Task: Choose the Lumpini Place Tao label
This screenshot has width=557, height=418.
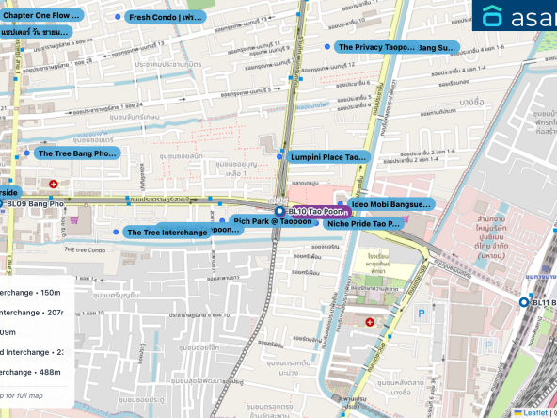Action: click(326, 157)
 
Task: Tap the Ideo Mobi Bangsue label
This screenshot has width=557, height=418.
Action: click(390, 203)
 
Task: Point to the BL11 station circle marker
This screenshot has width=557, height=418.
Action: click(524, 302)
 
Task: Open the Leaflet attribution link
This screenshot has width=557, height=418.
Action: click(533, 412)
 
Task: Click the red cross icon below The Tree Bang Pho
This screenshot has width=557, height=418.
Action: click(54, 183)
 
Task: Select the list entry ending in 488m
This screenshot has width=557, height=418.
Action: click(36, 373)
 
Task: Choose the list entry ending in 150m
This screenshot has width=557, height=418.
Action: click(36, 292)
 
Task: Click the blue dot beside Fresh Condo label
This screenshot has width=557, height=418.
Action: click(117, 17)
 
